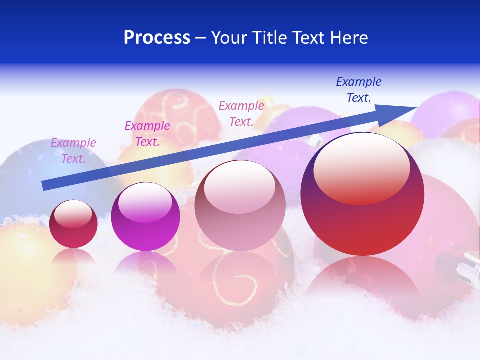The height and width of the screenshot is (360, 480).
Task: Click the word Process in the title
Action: [x=157, y=38]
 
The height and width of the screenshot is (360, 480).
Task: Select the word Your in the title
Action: [x=230, y=38]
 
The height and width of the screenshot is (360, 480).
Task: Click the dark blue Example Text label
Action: [x=358, y=90]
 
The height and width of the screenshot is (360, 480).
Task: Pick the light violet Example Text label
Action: [x=73, y=151]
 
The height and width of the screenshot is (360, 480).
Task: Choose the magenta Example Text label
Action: [x=147, y=134]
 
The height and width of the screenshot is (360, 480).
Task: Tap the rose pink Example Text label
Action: [x=241, y=113]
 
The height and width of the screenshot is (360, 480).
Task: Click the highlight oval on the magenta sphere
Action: [x=145, y=203]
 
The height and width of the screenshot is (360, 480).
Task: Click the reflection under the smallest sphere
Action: [x=73, y=257]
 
